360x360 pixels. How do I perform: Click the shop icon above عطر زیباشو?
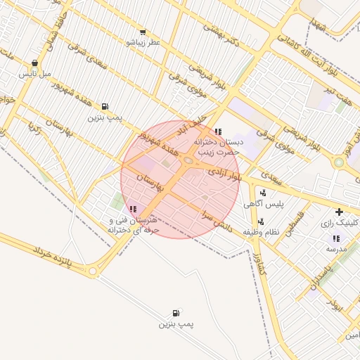[143, 32]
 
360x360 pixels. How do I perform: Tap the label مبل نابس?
[35, 73]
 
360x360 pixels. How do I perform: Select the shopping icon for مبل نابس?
[35, 63]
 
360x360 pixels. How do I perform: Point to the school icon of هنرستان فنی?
[134, 209]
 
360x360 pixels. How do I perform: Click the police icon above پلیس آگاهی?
[263, 193]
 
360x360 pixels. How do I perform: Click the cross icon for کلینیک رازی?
[340, 212]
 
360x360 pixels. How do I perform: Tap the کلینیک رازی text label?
[340, 223]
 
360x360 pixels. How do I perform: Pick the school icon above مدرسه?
[335, 238]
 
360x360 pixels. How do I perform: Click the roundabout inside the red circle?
[188, 162]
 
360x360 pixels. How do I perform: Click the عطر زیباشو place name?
[143, 43]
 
